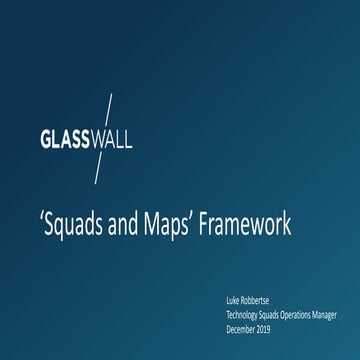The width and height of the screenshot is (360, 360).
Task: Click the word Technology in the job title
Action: pyautogui.click(x=247, y=309)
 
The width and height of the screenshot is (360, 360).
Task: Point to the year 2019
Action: pyautogui.click(x=274, y=320)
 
